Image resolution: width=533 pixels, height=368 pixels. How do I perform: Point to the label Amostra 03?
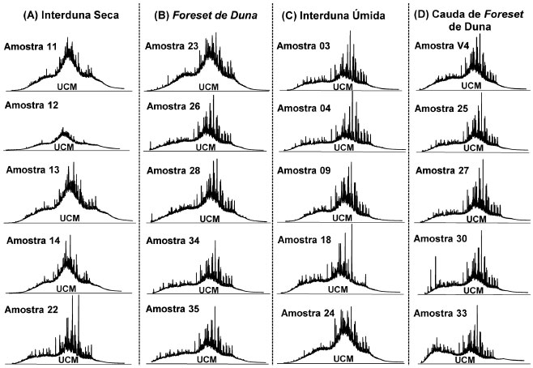coord(301,46)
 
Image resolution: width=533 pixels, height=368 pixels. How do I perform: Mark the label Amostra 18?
coord(301,242)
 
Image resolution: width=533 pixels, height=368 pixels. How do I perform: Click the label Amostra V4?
coord(441,46)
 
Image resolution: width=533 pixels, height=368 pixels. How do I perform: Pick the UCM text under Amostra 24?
coord(343,357)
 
